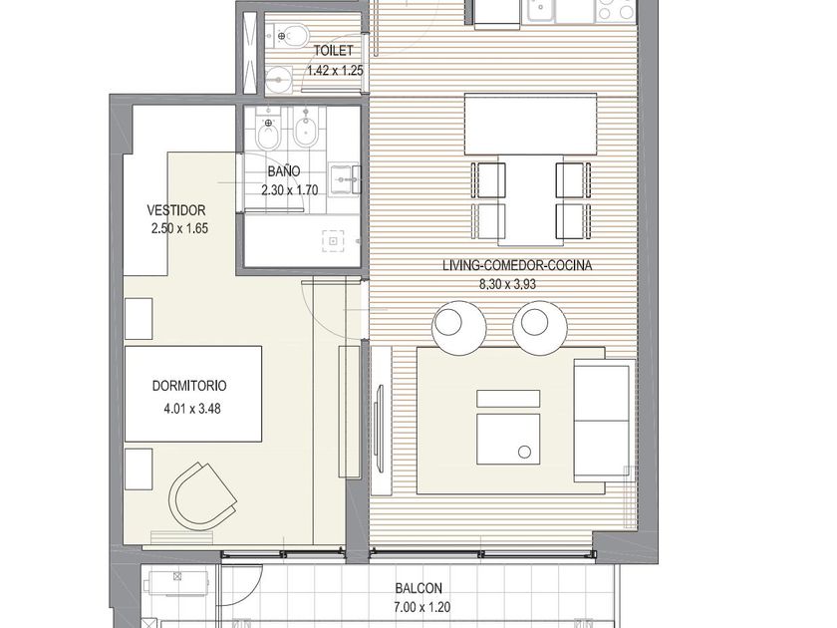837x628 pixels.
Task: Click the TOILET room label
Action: (x=333, y=51)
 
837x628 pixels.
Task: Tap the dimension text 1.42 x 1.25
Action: (x=335, y=71)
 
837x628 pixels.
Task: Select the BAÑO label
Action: (x=283, y=171)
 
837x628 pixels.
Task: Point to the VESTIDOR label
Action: (x=176, y=210)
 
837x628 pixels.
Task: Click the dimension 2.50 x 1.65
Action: (x=180, y=228)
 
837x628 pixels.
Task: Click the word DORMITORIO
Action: (x=189, y=386)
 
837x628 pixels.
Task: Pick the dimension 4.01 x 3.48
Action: (x=191, y=409)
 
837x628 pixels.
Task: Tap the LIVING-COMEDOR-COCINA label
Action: (x=517, y=265)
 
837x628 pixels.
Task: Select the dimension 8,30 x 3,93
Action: (x=507, y=285)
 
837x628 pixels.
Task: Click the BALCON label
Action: (x=418, y=588)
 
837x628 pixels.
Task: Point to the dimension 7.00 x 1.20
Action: (x=421, y=607)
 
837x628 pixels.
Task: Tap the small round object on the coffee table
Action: (x=524, y=452)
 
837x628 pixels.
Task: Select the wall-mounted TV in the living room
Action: (x=379, y=429)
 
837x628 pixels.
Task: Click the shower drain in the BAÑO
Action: (x=333, y=241)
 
